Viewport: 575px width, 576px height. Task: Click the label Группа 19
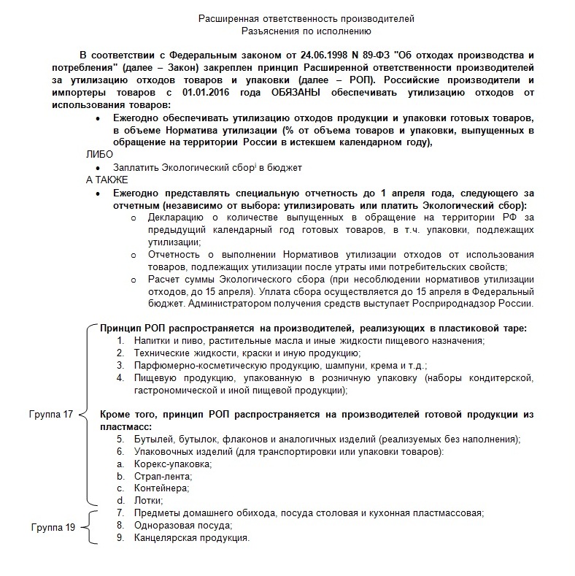pos(52,526)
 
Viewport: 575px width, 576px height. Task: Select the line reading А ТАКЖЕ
pos(107,180)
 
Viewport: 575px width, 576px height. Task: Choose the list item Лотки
pos(148,501)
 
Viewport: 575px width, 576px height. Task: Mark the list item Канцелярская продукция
pos(192,538)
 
